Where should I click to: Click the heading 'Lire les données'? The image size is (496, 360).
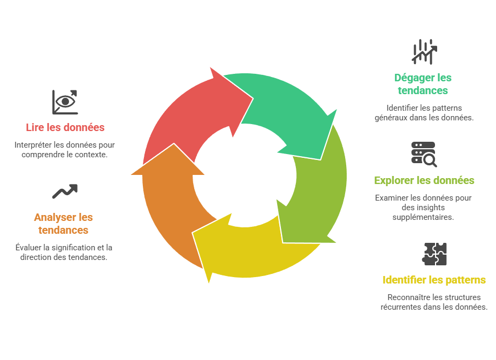(x=65, y=127)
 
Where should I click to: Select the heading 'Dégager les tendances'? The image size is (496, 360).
(x=423, y=84)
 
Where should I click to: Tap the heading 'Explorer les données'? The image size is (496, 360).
(x=424, y=180)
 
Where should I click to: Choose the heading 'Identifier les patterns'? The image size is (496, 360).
(x=434, y=280)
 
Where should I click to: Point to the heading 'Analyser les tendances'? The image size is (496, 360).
(x=63, y=224)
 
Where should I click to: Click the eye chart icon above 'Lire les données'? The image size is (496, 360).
(x=65, y=102)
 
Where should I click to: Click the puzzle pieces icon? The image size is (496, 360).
(x=434, y=254)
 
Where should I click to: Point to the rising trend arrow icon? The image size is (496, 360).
(x=65, y=191)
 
